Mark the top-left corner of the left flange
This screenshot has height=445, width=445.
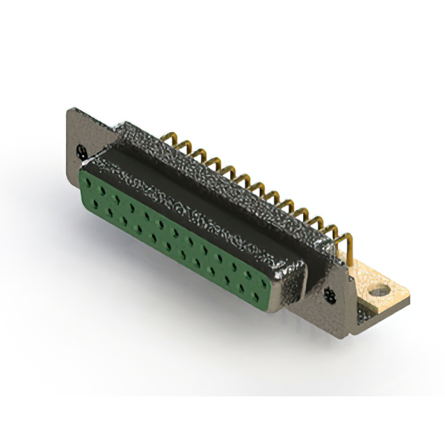click(x=70, y=109)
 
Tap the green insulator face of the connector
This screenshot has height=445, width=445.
click(x=174, y=229)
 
